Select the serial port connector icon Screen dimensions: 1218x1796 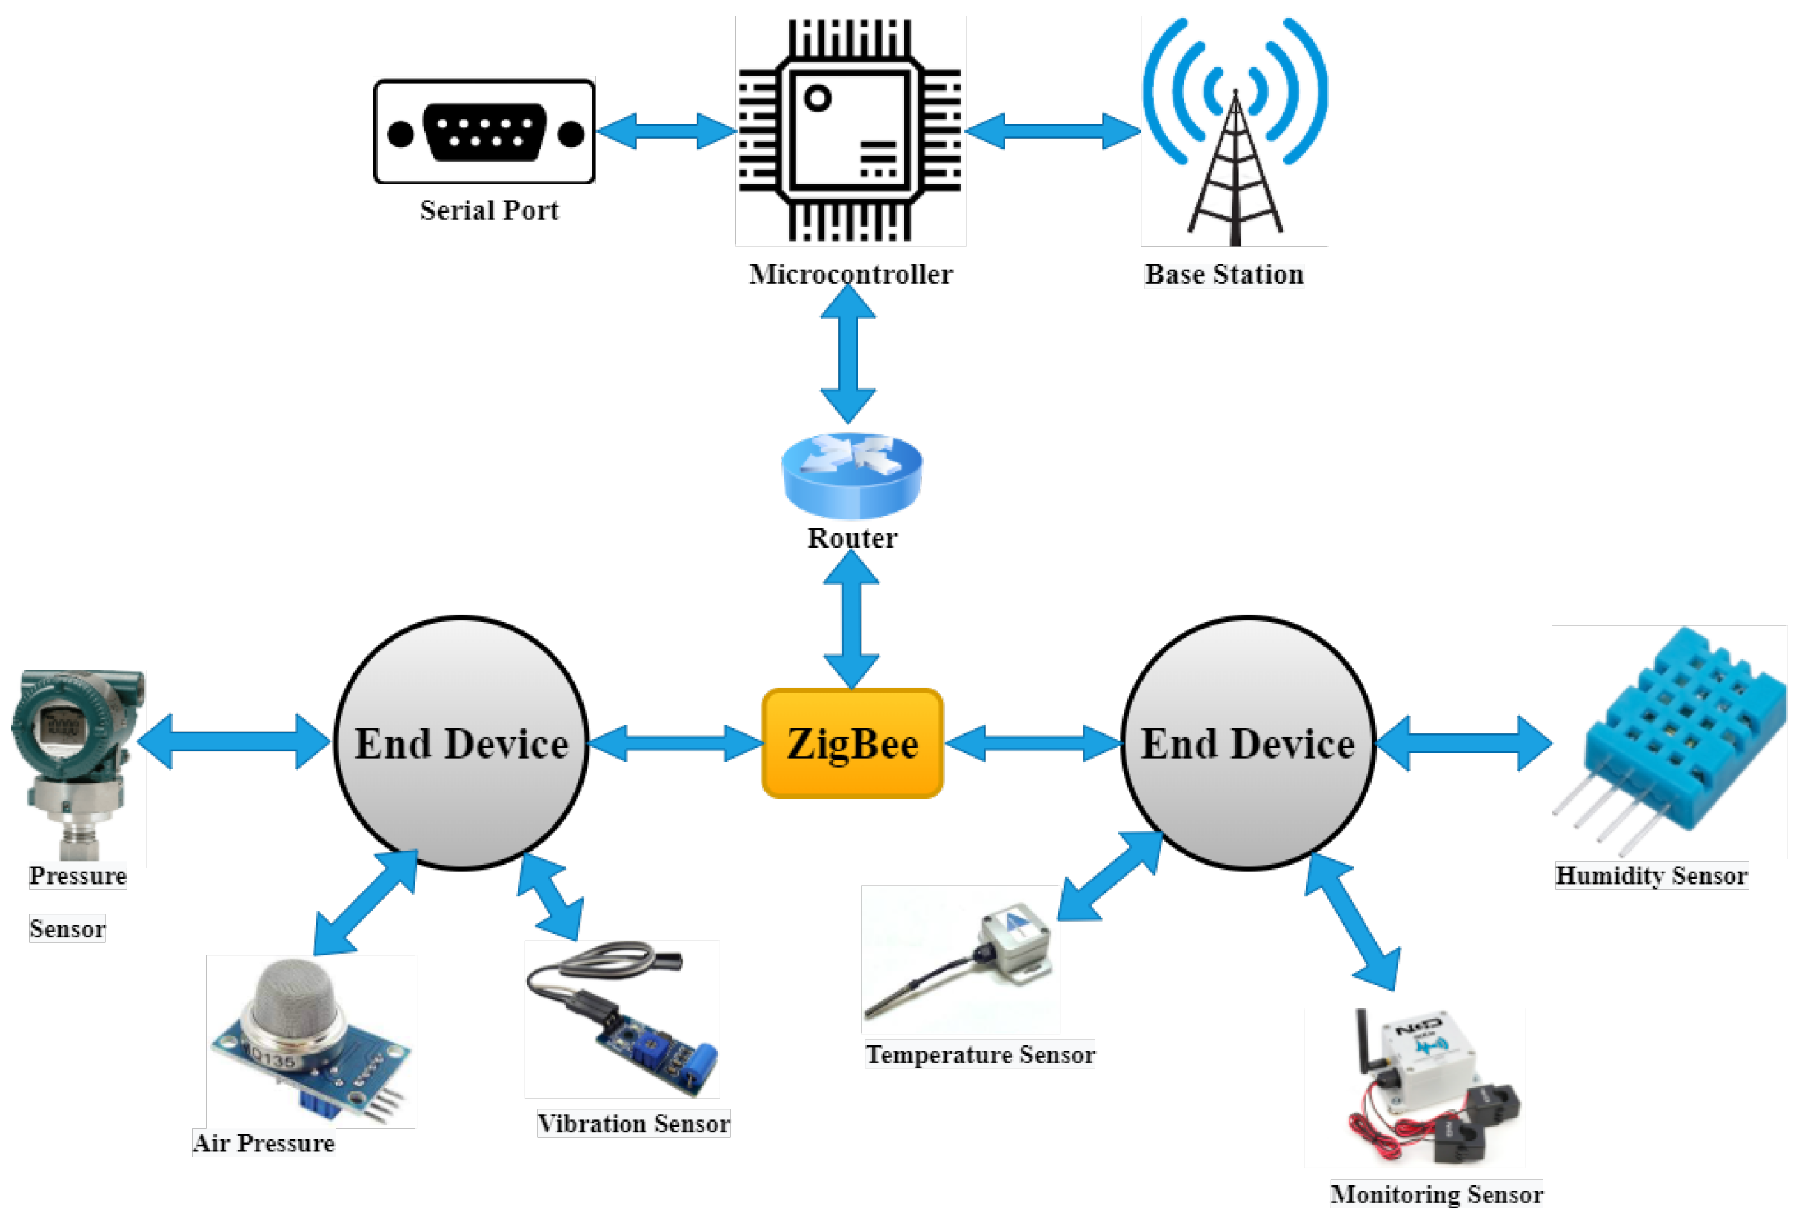[x=484, y=132]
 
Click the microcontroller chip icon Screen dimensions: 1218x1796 [x=850, y=130]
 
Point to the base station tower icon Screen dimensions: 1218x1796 [x=1235, y=131]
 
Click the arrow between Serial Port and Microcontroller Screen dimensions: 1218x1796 [x=666, y=130]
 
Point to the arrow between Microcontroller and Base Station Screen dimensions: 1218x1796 [x=1052, y=130]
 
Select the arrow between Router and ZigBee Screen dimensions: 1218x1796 [x=851, y=619]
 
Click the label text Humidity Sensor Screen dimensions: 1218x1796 [x=1651, y=876]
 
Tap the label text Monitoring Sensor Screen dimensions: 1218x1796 [x=1436, y=1194]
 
